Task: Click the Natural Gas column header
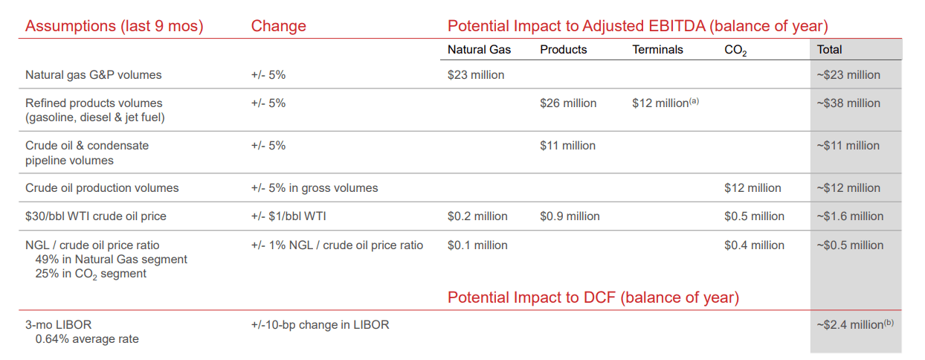479,50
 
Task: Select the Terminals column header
657,50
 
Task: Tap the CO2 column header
735,51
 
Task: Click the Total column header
829,50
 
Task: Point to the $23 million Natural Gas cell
476,74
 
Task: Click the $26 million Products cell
568,103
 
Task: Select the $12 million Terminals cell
665,103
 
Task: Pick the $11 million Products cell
568,145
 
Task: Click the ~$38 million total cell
848,103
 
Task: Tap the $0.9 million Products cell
570,216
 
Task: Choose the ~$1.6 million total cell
850,216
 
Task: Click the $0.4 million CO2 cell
754,245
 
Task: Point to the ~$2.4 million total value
855,324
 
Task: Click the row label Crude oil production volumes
102,188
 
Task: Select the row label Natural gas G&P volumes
94,74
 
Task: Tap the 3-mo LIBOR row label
58,324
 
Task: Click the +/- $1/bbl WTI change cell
289,216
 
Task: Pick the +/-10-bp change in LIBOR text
320,324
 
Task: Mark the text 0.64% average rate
87,339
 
